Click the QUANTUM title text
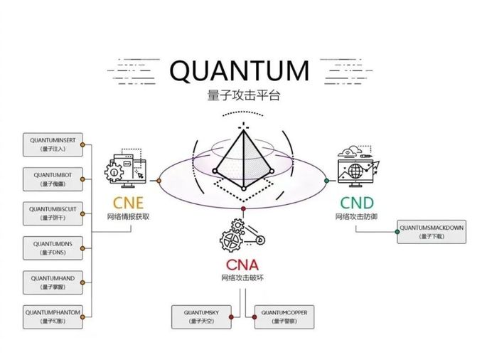point(240,72)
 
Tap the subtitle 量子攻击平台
point(240,95)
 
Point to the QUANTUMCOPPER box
point(283,316)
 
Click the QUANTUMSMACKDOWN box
point(431,231)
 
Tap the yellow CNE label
point(129,203)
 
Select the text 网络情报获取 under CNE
point(129,216)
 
